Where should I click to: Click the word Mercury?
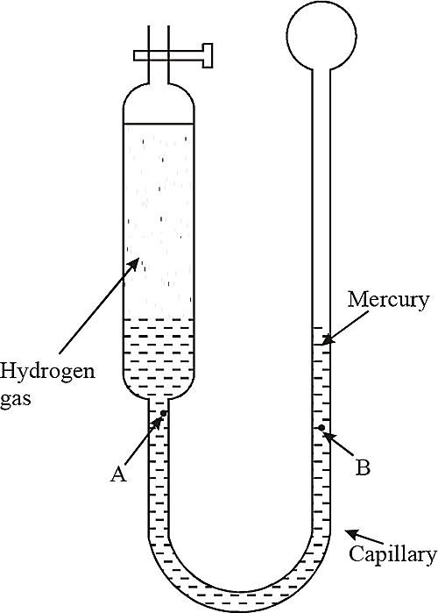(388, 301)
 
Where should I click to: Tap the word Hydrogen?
(47, 371)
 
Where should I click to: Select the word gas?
(15, 400)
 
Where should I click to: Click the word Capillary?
(392, 555)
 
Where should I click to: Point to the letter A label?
(118, 474)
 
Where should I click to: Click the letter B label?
(363, 467)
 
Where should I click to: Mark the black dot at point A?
(164, 413)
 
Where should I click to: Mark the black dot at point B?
(321, 428)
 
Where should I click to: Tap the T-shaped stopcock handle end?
(208, 55)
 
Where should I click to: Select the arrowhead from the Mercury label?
(327, 339)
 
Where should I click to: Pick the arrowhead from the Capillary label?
(350, 533)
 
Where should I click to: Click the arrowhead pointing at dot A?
(158, 422)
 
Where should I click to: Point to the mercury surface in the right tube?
(321, 345)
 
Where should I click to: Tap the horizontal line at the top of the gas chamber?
(159, 125)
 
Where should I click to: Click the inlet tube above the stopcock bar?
(159, 38)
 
